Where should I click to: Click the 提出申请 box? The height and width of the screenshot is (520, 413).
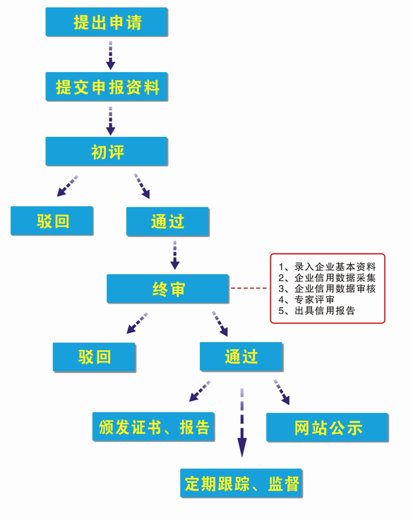(x=107, y=22)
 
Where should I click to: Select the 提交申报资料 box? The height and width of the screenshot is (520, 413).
(x=107, y=87)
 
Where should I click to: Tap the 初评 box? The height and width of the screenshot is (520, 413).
(x=107, y=152)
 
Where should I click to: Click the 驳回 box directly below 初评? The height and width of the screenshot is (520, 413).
(x=52, y=221)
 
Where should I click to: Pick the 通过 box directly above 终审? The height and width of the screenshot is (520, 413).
(x=167, y=221)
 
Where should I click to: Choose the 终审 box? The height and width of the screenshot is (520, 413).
(x=167, y=289)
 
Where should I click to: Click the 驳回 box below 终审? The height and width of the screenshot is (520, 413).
(x=94, y=357)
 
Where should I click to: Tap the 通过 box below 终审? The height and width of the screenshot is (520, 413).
(x=241, y=357)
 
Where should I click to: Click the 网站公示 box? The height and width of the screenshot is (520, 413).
(x=328, y=428)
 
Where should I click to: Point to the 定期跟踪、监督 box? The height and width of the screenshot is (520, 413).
(x=242, y=483)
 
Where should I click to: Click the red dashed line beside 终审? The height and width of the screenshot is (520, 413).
(x=250, y=289)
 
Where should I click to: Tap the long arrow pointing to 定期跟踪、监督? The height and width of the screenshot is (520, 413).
(x=242, y=423)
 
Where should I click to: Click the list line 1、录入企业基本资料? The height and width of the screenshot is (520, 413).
(x=327, y=267)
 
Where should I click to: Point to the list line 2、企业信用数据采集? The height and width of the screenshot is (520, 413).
(x=327, y=278)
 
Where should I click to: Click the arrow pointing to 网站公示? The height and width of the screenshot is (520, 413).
(x=282, y=393)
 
